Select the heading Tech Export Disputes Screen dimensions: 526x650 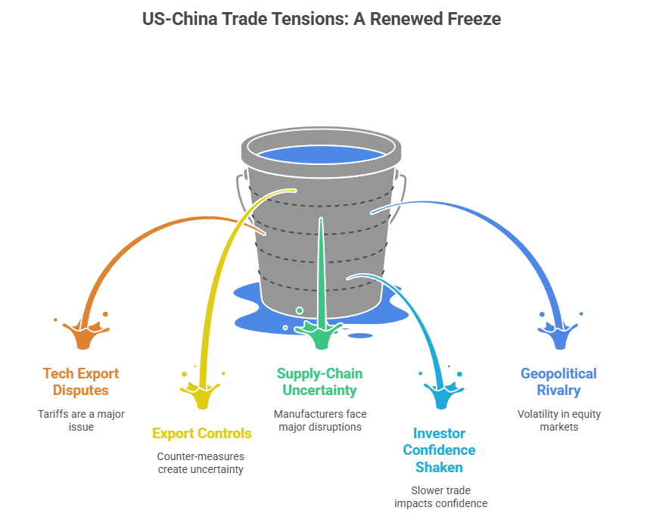pyautogui.click(x=81, y=382)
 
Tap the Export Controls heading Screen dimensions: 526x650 pyautogui.click(x=201, y=434)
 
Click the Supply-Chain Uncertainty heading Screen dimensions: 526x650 pyautogui.click(x=319, y=382)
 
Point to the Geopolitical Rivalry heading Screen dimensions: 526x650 pyautogui.click(x=558, y=382)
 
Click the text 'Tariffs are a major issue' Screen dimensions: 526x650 pyautogui.click(x=81, y=421)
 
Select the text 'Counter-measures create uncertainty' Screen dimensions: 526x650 pyautogui.click(x=201, y=463)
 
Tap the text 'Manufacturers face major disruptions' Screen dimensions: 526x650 pyautogui.click(x=319, y=421)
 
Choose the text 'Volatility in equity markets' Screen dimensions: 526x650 pyautogui.click(x=558, y=421)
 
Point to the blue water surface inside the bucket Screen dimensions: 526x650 pyautogui.click(x=322, y=154)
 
